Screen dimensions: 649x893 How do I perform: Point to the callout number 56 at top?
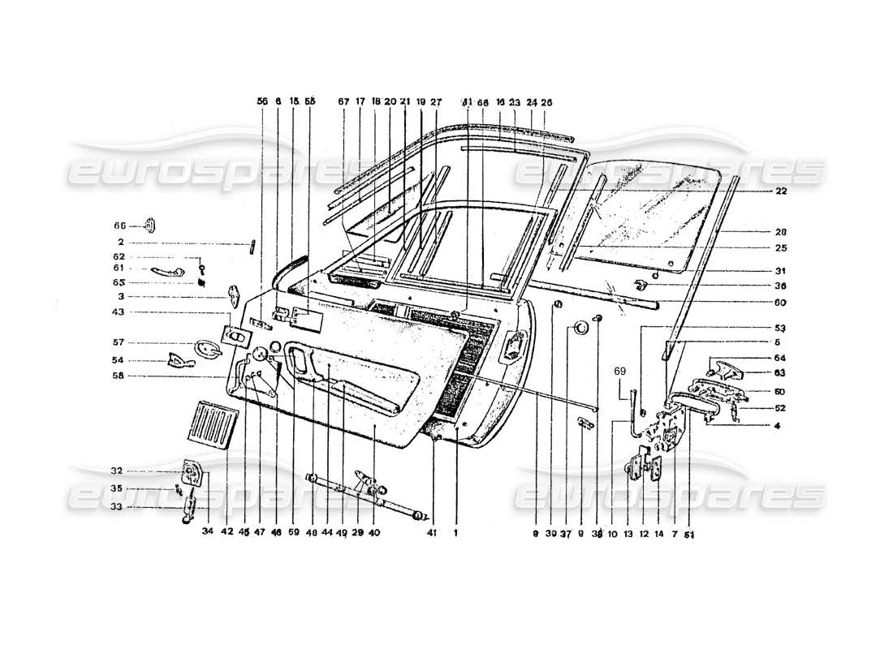(x=262, y=102)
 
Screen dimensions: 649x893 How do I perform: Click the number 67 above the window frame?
(x=343, y=102)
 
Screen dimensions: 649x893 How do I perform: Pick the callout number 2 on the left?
(x=119, y=242)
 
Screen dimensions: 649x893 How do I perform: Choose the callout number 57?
(x=119, y=343)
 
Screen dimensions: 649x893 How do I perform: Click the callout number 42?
(x=229, y=533)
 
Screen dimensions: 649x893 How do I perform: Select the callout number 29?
(x=358, y=533)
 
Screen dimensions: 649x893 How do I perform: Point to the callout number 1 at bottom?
(x=456, y=533)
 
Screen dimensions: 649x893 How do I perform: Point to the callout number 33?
(x=119, y=507)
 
